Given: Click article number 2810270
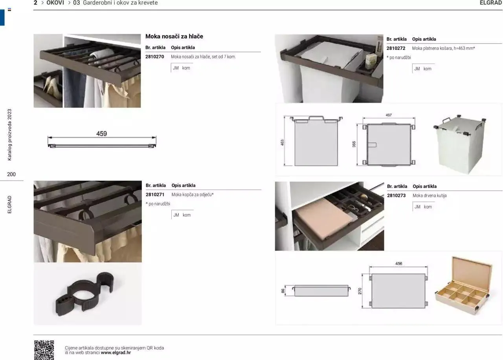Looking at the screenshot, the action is tap(154, 57).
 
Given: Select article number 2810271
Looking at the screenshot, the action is tap(155, 195).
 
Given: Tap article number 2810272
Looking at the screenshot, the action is tap(396, 48).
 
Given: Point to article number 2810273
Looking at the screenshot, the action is tap(397, 196).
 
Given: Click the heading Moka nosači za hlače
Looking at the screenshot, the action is tap(174, 37).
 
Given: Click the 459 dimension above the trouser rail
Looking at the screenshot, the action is tap(101, 134).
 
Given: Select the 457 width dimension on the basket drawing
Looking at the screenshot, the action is tap(389, 115).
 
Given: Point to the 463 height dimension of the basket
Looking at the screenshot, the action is tap(282, 142).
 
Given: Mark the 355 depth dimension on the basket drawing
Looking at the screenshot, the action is tap(354, 144).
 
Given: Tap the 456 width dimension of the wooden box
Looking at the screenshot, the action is tap(398, 263).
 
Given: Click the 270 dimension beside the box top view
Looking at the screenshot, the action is tap(360, 291).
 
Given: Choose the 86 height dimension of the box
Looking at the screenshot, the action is tap(283, 291).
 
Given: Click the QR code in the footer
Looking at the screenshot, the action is tap(44, 350).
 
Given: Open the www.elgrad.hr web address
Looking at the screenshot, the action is tap(116, 353).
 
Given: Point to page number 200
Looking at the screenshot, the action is tap(11, 174).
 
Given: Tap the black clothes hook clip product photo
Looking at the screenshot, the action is tap(84, 294).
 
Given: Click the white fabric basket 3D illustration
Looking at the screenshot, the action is tap(460, 144).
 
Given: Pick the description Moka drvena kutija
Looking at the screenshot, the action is tap(430, 196).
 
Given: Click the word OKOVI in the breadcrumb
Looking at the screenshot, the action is tap(55, 3).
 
